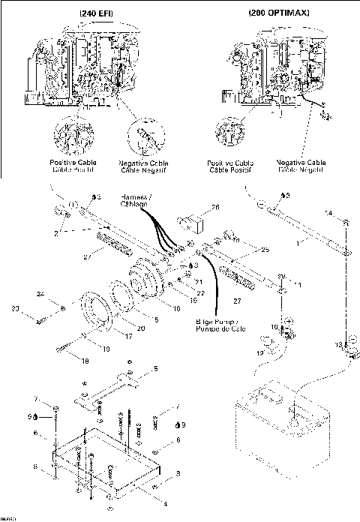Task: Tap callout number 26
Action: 215,208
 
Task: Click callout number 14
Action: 328,214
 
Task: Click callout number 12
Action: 259,352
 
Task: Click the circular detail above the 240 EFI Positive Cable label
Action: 70,135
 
